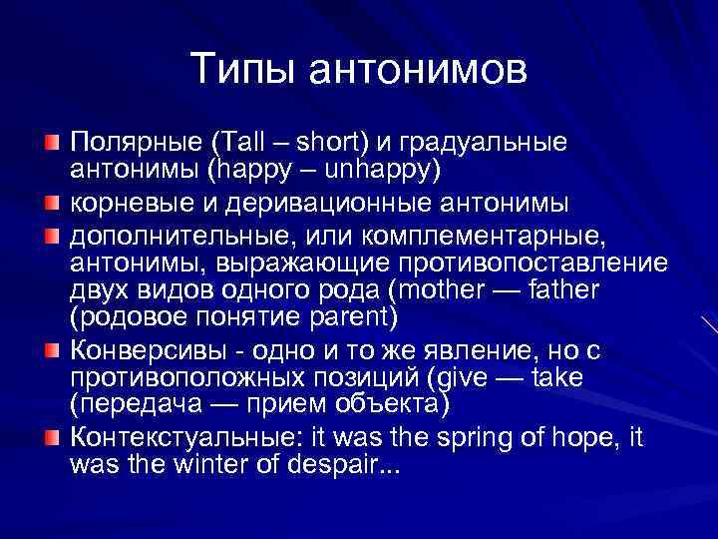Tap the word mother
pyautogui.click(x=447, y=290)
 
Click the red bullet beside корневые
pyautogui.click(x=52, y=205)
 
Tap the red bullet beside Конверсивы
pyautogui.click(x=52, y=352)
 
